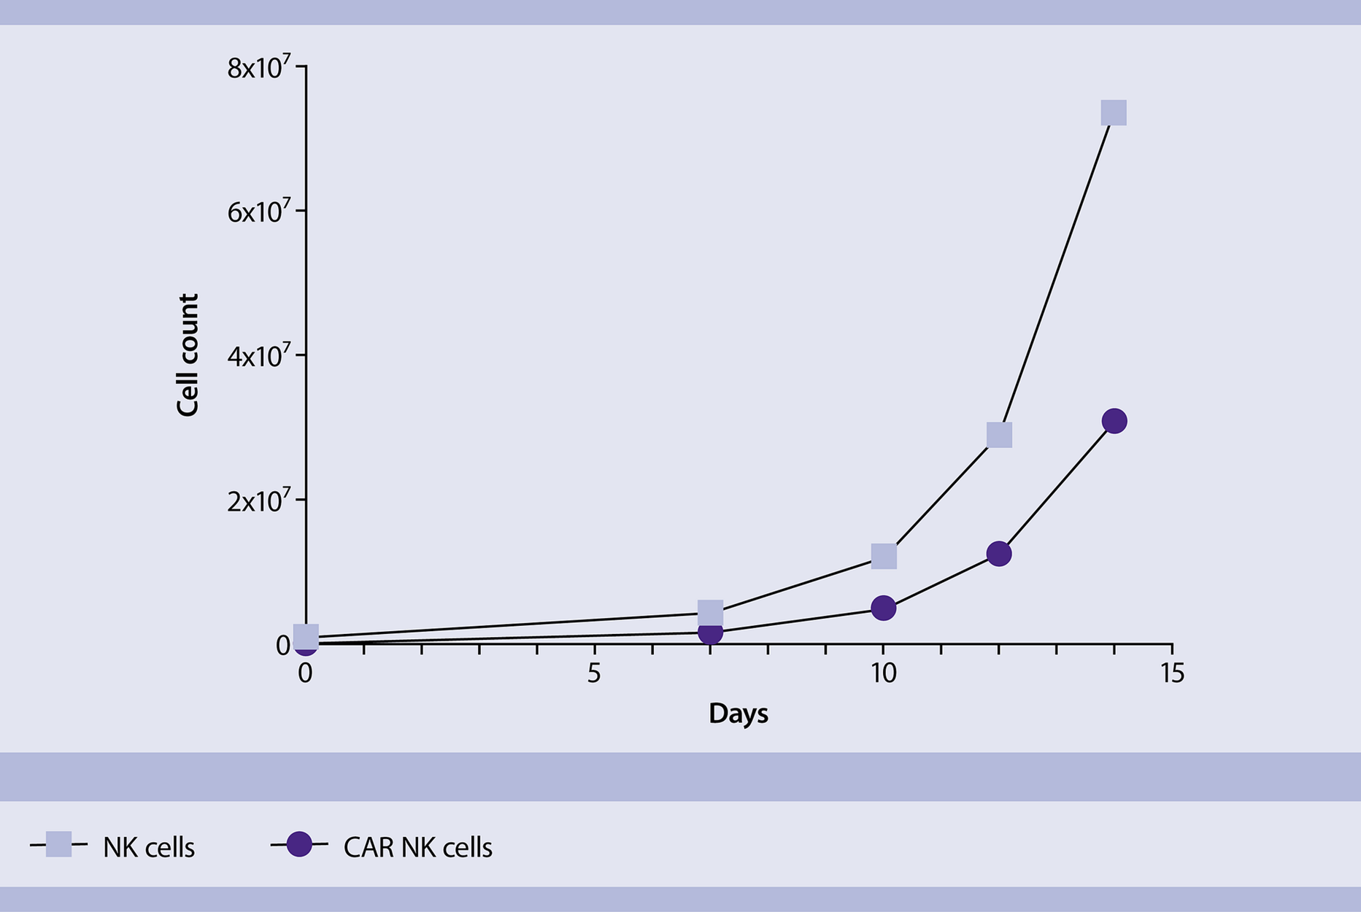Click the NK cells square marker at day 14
[x=1114, y=113]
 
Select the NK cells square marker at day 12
[x=999, y=435]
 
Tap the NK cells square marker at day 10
[x=884, y=556]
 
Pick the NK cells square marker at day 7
[x=710, y=613]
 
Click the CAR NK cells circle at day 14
[x=1114, y=421]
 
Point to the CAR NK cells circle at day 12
[x=999, y=554]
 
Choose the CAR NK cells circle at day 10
[x=884, y=608]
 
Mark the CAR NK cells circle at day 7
[x=710, y=633]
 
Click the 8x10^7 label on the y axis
[x=258, y=68]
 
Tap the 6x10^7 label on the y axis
[x=258, y=212]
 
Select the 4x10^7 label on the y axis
[x=258, y=356]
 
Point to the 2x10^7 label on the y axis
[x=258, y=501]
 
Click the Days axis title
[x=738, y=713]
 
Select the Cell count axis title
[x=188, y=355]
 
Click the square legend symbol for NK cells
[x=58, y=844]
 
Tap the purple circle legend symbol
[x=299, y=844]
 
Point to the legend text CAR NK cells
[x=417, y=848]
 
